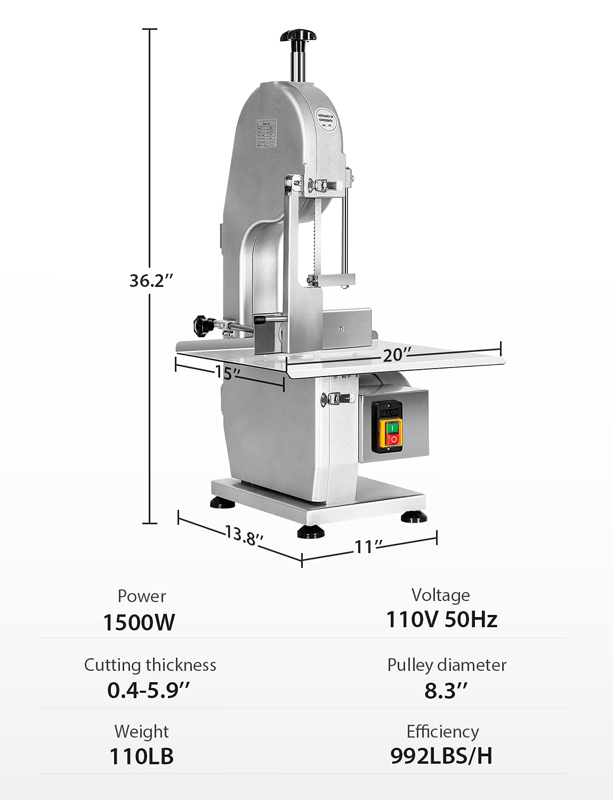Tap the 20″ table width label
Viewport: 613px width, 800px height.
click(397, 354)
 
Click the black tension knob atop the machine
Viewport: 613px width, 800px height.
click(299, 36)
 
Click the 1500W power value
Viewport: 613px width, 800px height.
click(139, 622)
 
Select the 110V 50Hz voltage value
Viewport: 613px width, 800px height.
click(441, 620)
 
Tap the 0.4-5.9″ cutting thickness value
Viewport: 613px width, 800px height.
click(148, 690)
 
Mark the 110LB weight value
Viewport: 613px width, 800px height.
click(141, 756)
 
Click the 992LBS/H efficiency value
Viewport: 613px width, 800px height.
click(441, 756)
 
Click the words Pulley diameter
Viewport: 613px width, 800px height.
click(447, 665)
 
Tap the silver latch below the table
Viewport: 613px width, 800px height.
click(337, 398)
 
